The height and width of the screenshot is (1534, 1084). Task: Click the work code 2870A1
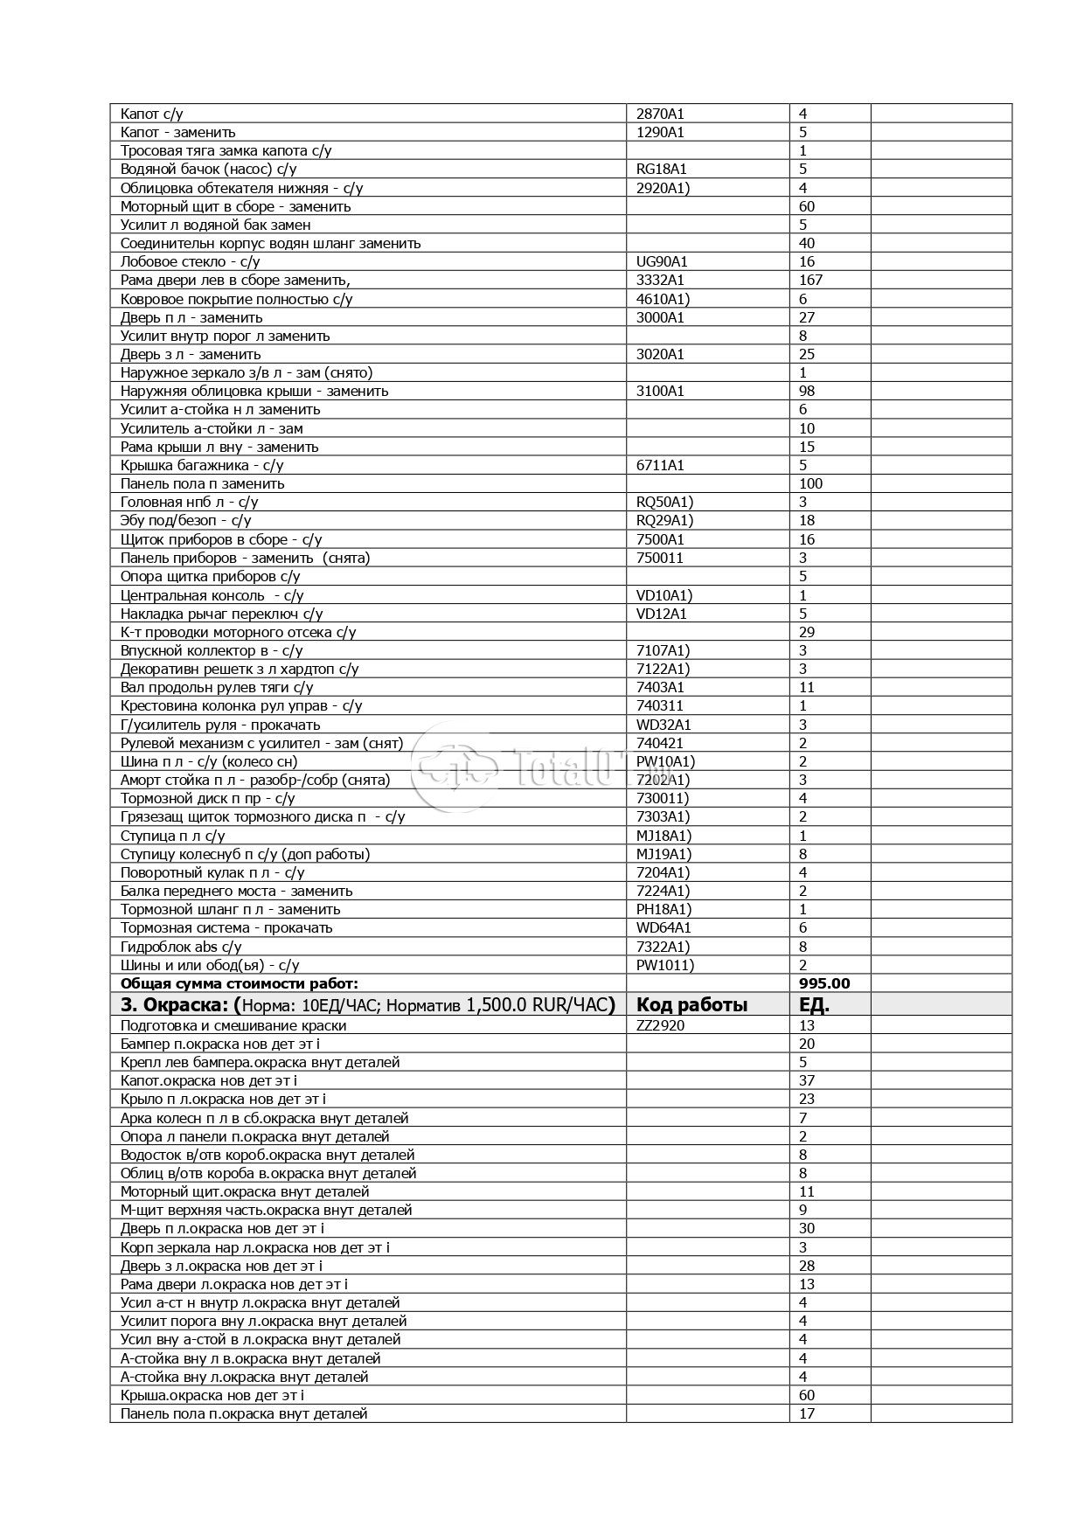coord(660,114)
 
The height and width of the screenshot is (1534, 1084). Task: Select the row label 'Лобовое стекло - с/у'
coord(191,261)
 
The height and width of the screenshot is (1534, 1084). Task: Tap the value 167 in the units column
coord(810,280)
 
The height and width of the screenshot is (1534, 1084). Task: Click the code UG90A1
coord(662,261)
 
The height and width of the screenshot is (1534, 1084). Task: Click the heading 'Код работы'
coord(691,1004)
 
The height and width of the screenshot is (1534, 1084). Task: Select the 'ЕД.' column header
coord(814,1004)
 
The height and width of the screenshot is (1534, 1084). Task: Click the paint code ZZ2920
coord(660,1025)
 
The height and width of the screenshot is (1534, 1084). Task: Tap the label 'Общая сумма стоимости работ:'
coord(240,983)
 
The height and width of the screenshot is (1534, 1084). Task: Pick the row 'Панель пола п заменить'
coord(203,483)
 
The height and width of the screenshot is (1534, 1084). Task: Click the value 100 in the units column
coord(810,483)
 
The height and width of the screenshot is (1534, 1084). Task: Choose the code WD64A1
coord(663,927)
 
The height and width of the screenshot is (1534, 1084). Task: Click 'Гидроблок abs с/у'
coord(181,947)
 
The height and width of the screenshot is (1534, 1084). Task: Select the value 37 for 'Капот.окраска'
coord(807,1080)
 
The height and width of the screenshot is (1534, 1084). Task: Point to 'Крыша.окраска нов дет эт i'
coord(212,1395)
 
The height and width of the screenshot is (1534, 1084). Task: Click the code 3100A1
coord(660,391)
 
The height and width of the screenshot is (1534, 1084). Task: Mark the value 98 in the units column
coord(807,391)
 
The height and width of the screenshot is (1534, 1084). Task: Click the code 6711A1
coord(660,465)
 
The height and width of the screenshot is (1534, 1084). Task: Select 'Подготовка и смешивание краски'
coord(233,1025)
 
